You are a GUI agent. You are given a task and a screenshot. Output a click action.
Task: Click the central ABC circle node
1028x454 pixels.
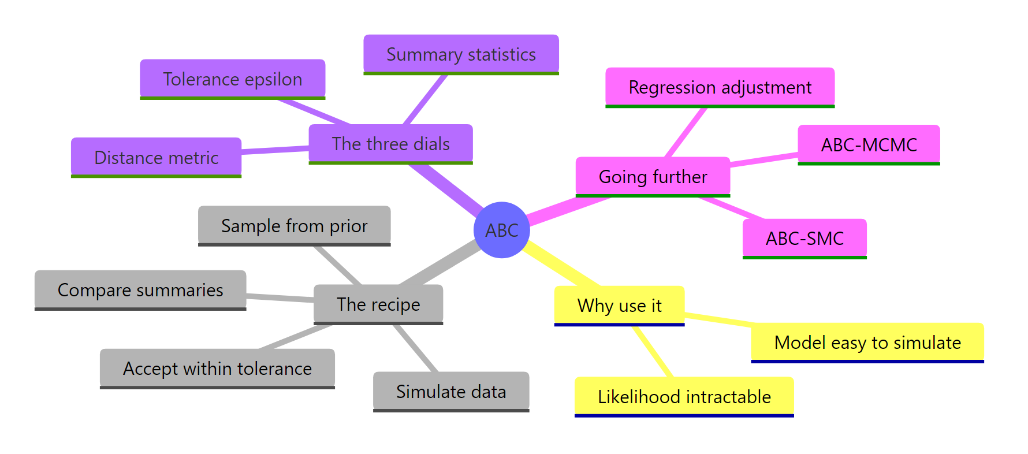501,230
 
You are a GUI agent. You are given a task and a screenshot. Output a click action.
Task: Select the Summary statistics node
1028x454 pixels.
461,54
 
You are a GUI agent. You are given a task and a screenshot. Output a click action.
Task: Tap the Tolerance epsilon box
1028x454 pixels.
232,79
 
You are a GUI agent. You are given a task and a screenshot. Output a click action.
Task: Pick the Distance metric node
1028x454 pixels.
156,158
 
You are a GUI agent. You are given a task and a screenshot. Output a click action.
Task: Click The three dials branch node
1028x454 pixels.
390,144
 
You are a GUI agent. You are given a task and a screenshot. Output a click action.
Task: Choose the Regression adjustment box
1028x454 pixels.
720,88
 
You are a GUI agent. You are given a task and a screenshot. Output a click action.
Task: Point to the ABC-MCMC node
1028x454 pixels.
869,145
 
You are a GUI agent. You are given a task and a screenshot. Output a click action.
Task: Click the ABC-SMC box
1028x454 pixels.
804,239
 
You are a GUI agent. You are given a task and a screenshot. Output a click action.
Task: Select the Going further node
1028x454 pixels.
653,177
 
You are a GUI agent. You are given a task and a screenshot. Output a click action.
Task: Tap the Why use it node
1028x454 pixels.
619,306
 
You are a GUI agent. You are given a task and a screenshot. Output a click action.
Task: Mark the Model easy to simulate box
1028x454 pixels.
867,343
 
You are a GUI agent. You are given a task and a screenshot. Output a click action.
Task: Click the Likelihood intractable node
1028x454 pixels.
684,397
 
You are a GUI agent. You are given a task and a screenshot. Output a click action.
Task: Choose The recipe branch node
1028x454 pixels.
378,304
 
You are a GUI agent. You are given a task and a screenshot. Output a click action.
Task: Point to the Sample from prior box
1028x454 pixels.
294,226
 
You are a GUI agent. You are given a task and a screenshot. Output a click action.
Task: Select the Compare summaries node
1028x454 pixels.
140,290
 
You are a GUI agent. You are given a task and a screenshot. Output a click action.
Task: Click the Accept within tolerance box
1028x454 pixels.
217,369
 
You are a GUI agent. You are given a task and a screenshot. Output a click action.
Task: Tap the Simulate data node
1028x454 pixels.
451,392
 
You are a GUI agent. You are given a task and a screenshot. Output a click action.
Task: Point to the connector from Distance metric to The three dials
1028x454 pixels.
275,150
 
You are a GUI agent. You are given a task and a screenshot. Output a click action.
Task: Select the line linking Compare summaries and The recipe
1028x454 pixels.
280,298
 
